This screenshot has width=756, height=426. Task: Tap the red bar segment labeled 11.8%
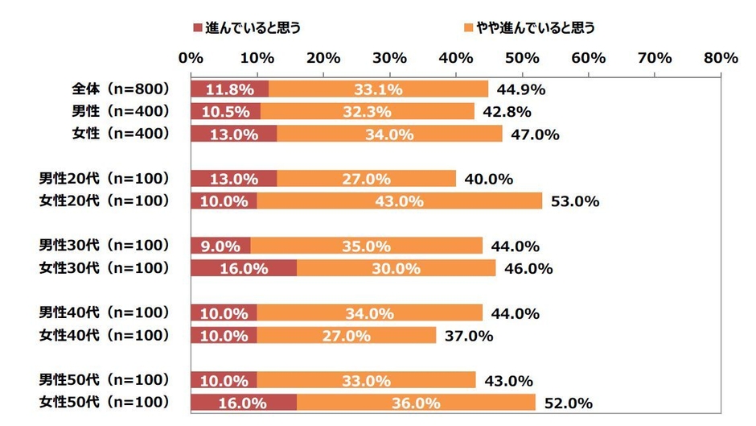pyautogui.click(x=230, y=89)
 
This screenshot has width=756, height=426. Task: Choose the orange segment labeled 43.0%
pyautogui.click(x=400, y=201)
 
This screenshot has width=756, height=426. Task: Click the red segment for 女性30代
pyautogui.click(x=243, y=268)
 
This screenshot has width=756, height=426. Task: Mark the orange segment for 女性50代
pyautogui.click(x=416, y=403)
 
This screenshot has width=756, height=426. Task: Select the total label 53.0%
pyautogui.click(x=575, y=201)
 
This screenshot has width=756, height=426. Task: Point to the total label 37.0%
pyautogui.click(x=468, y=336)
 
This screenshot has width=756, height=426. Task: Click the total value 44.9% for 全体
pyautogui.click(x=521, y=89)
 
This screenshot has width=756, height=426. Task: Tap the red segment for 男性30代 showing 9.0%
pyautogui.click(x=220, y=246)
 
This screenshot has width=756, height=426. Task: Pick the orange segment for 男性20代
pyautogui.click(x=366, y=179)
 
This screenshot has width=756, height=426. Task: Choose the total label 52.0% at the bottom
pyautogui.click(x=569, y=403)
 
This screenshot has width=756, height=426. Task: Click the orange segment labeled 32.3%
pyautogui.click(x=368, y=112)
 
